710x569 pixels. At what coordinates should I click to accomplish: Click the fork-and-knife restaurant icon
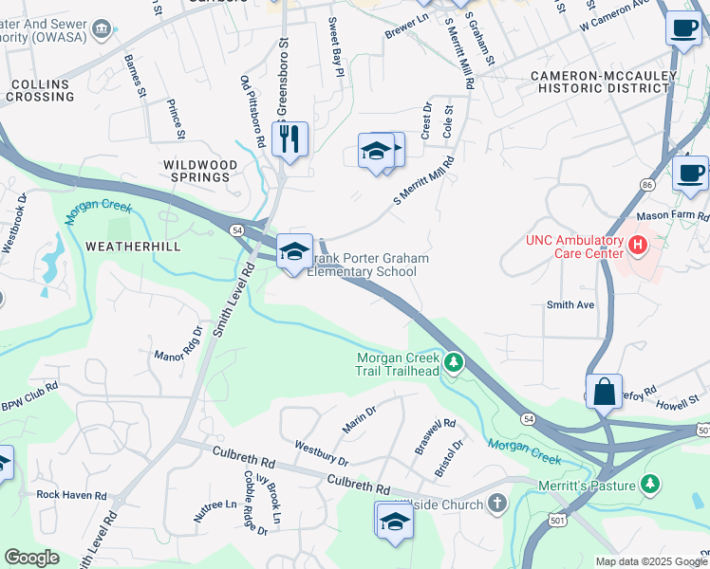(290, 139)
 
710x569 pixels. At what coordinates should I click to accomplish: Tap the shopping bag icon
(604, 391)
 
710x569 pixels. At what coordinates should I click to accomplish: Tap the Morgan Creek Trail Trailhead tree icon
(455, 362)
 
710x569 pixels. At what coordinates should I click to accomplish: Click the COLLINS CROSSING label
(42, 91)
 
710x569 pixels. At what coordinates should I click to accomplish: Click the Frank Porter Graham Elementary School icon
(294, 252)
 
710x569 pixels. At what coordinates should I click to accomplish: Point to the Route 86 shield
(646, 183)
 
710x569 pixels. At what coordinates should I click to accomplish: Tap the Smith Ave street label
(570, 305)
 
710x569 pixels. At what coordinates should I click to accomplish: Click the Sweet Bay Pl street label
(335, 41)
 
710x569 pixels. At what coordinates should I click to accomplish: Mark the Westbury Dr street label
(321, 451)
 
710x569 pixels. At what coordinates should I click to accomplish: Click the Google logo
(31, 558)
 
